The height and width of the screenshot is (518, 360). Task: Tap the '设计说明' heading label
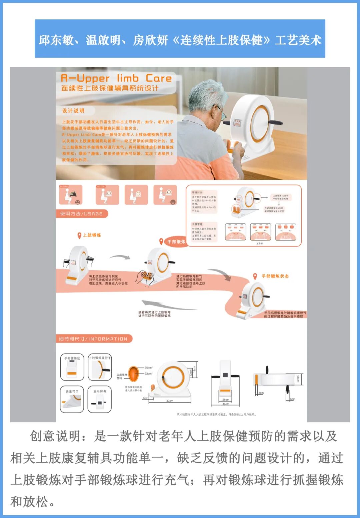73,111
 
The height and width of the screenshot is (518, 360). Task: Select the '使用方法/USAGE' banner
82,214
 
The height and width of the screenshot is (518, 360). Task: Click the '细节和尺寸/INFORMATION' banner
94,339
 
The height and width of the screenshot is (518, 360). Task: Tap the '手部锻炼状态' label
275,276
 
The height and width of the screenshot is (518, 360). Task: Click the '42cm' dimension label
170,401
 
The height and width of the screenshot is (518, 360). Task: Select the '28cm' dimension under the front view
226,399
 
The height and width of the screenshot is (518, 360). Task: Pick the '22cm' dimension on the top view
298,379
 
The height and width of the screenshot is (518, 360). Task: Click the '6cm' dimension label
293,399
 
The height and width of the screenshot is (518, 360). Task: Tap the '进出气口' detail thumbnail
72,399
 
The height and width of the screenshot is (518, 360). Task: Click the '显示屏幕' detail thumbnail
100,399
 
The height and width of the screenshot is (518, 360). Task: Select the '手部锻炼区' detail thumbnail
72,367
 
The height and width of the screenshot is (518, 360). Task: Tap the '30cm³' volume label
149,368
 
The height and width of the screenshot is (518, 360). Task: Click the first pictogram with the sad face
71,194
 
